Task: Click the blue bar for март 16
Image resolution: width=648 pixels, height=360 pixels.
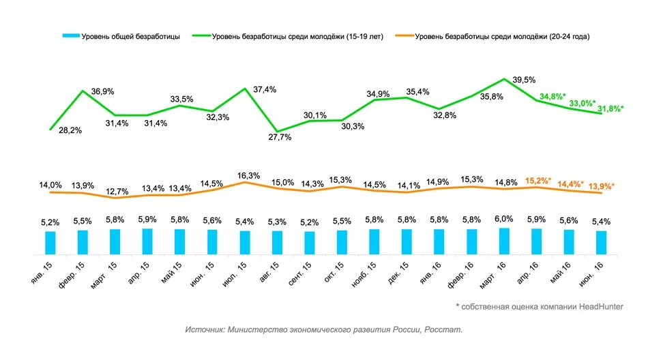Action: click(x=504, y=240)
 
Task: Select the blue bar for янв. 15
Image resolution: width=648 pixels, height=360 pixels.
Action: click(x=50, y=242)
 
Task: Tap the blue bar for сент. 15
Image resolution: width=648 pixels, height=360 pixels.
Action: click(x=310, y=242)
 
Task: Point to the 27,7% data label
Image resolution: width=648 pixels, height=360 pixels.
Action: click(x=280, y=137)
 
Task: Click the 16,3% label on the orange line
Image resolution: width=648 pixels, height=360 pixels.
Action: click(x=248, y=175)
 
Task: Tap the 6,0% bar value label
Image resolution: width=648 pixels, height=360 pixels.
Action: click(x=504, y=219)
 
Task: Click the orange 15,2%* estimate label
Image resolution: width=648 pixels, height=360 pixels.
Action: click(x=538, y=181)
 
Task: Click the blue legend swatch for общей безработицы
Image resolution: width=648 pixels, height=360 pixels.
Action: click(x=70, y=36)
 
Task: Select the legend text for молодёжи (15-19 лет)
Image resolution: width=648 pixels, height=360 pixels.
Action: click(x=297, y=36)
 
